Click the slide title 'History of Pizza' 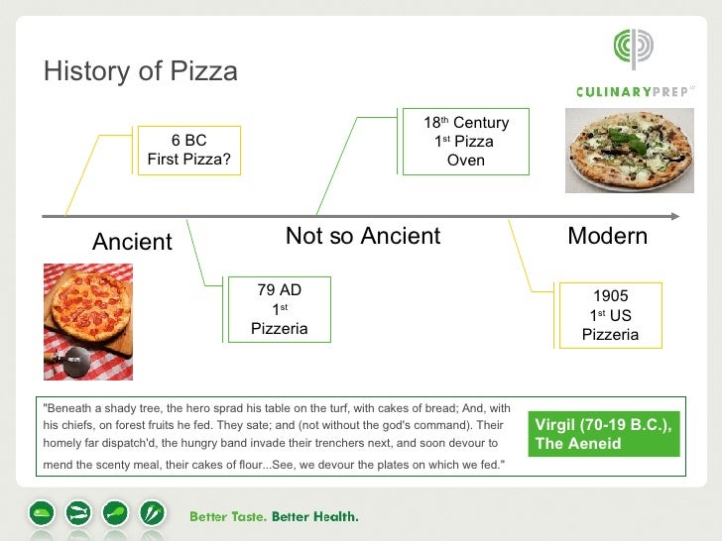pos(140,71)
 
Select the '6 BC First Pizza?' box pos(188,150)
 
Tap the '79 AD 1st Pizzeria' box pos(279,309)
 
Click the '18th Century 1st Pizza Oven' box pos(466,141)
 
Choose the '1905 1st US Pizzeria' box pos(610,315)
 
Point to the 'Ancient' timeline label pos(132,242)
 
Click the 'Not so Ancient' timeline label pos(363,236)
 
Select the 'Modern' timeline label pos(607,236)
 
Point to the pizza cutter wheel pos(74,361)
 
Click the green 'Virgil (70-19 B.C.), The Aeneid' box pos(604,434)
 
